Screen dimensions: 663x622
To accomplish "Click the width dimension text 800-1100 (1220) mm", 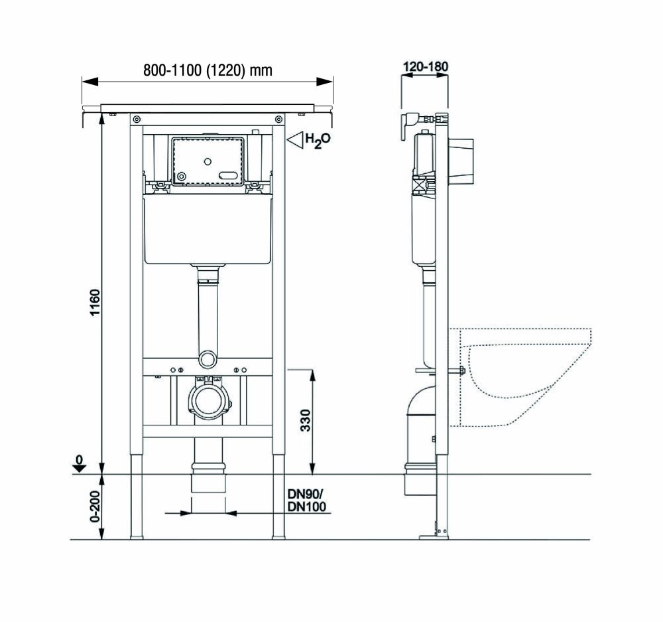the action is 208,70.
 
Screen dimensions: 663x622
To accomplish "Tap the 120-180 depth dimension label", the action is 426,66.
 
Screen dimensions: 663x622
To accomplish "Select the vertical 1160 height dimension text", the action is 95,302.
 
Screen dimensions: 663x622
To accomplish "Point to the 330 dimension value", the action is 305,420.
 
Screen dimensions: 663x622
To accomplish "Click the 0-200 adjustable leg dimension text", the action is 95,506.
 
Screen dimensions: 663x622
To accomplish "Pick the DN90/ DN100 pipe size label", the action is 306,500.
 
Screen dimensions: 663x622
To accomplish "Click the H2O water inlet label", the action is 318,140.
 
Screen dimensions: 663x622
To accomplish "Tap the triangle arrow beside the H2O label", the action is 295,140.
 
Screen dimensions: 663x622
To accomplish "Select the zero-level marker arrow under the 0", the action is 79,468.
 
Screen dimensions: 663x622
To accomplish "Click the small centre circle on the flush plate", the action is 207,161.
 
